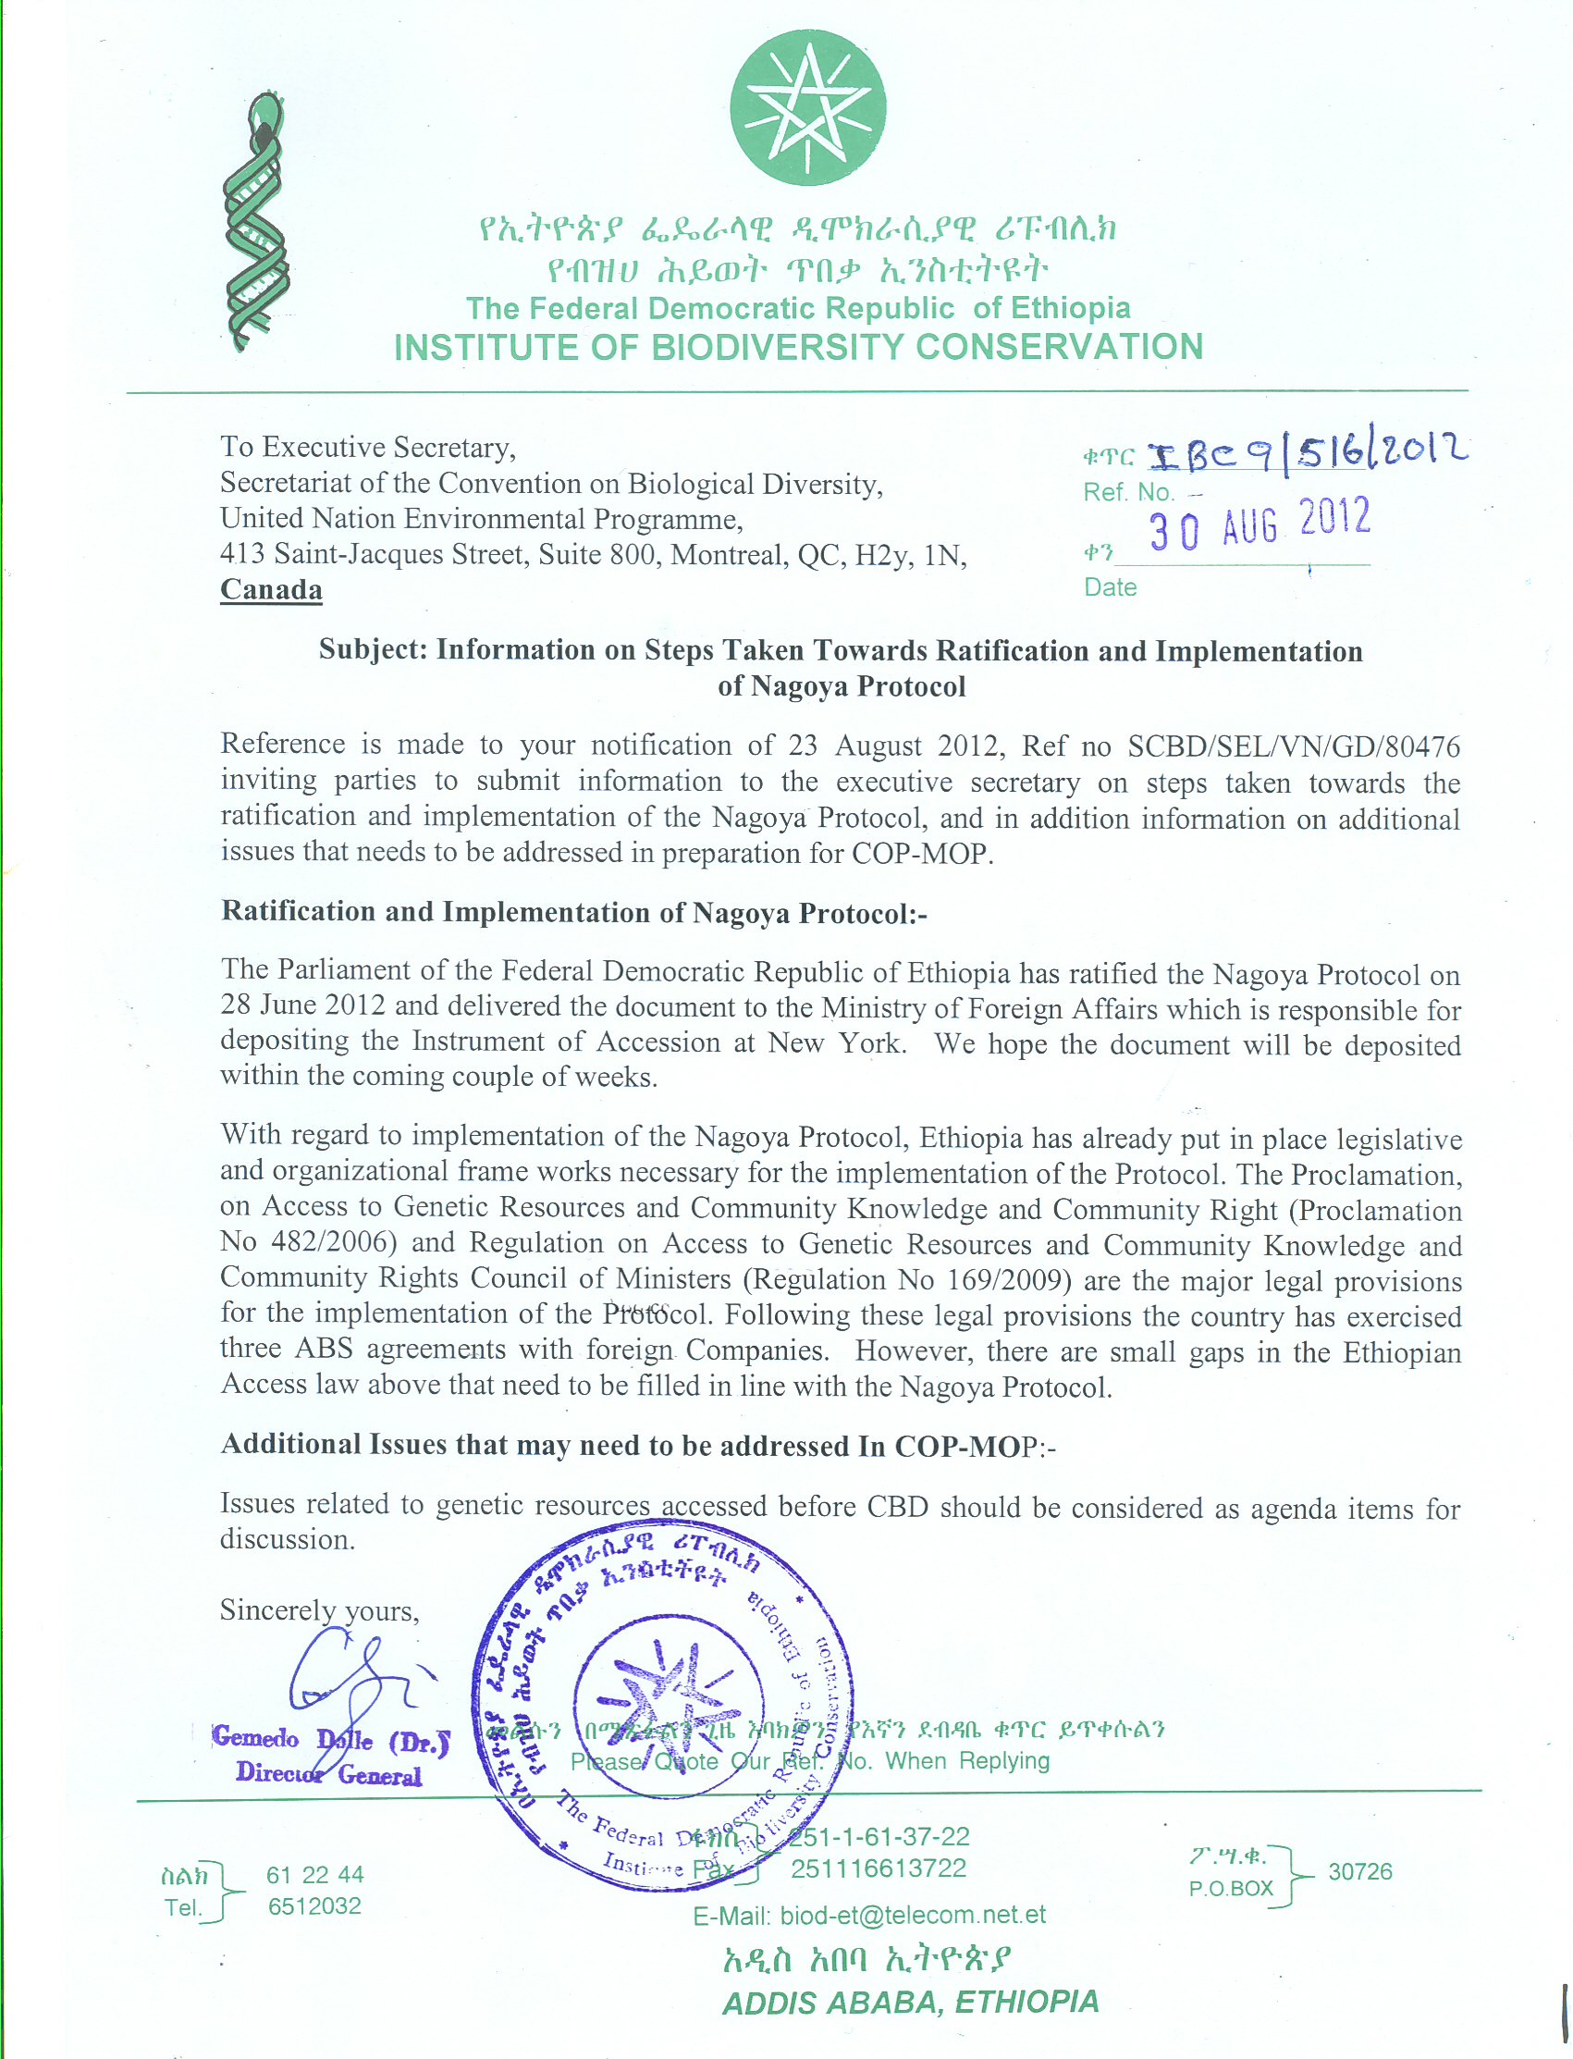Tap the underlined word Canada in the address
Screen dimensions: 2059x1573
[x=272, y=590]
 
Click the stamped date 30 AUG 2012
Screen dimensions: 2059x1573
[x=1260, y=524]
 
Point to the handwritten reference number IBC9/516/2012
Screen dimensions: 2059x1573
[x=1307, y=455]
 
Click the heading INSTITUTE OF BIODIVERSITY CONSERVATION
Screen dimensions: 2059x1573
[x=798, y=348]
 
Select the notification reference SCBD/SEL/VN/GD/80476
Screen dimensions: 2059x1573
[x=1293, y=746]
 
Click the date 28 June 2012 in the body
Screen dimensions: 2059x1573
[x=302, y=1005]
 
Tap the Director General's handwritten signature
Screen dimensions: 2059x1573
[x=351, y=1676]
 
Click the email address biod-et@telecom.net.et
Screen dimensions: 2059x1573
[x=912, y=1915]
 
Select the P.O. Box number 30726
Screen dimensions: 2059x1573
[x=1359, y=1872]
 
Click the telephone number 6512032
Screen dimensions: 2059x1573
[x=314, y=1906]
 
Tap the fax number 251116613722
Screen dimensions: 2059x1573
[x=879, y=1869]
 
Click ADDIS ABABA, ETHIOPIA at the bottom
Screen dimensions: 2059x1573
[x=910, y=2002]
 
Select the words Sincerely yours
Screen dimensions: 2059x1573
[x=319, y=1610]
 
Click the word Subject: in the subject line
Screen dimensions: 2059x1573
[x=373, y=650]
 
